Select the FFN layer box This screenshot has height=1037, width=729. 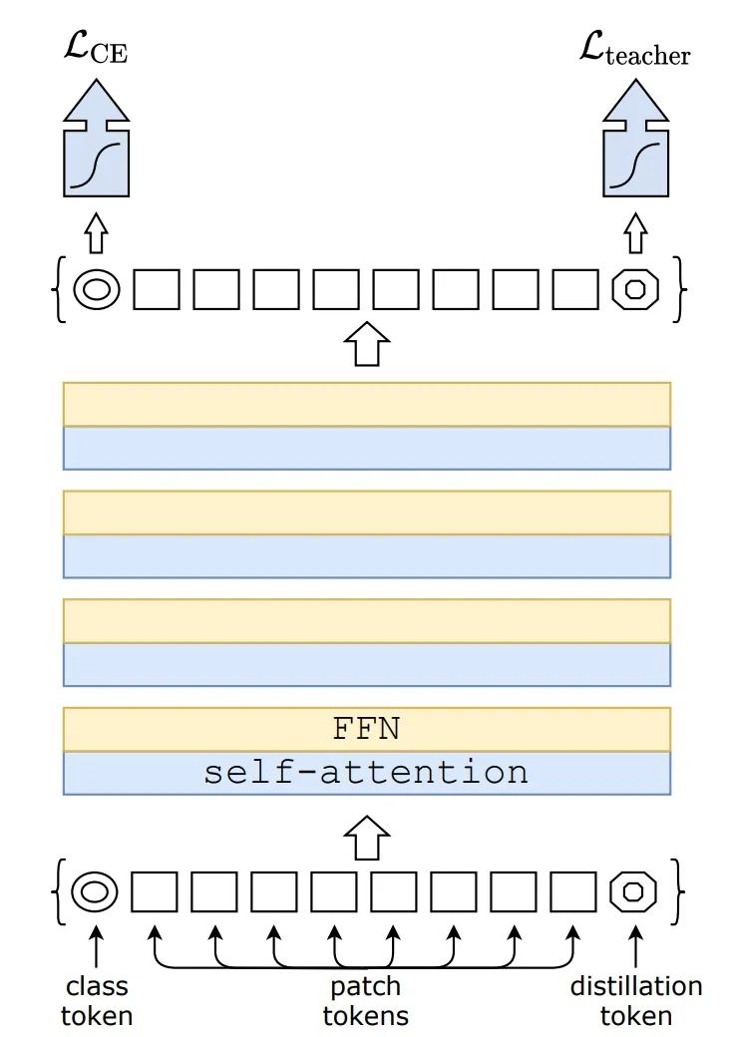click(x=366, y=729)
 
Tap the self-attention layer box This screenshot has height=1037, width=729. click(x=366, y=773)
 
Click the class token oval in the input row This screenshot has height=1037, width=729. click(x=96, y=890)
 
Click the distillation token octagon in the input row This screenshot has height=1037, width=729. click(x=633, y=890)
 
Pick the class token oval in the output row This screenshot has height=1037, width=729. click(x=97, y=289)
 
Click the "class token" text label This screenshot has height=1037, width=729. click(x=97, y=1001)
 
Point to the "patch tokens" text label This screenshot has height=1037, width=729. click(x=365, y=1001)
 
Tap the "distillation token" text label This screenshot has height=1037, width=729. click(x=635, y=1001)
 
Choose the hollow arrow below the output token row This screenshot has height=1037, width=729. click(x=365, y=343)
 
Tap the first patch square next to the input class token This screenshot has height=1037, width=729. click(x=155, y=890)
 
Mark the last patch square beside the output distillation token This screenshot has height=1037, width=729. click(x=575, y=289)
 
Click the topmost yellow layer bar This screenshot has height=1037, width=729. click(x=366, y=404)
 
